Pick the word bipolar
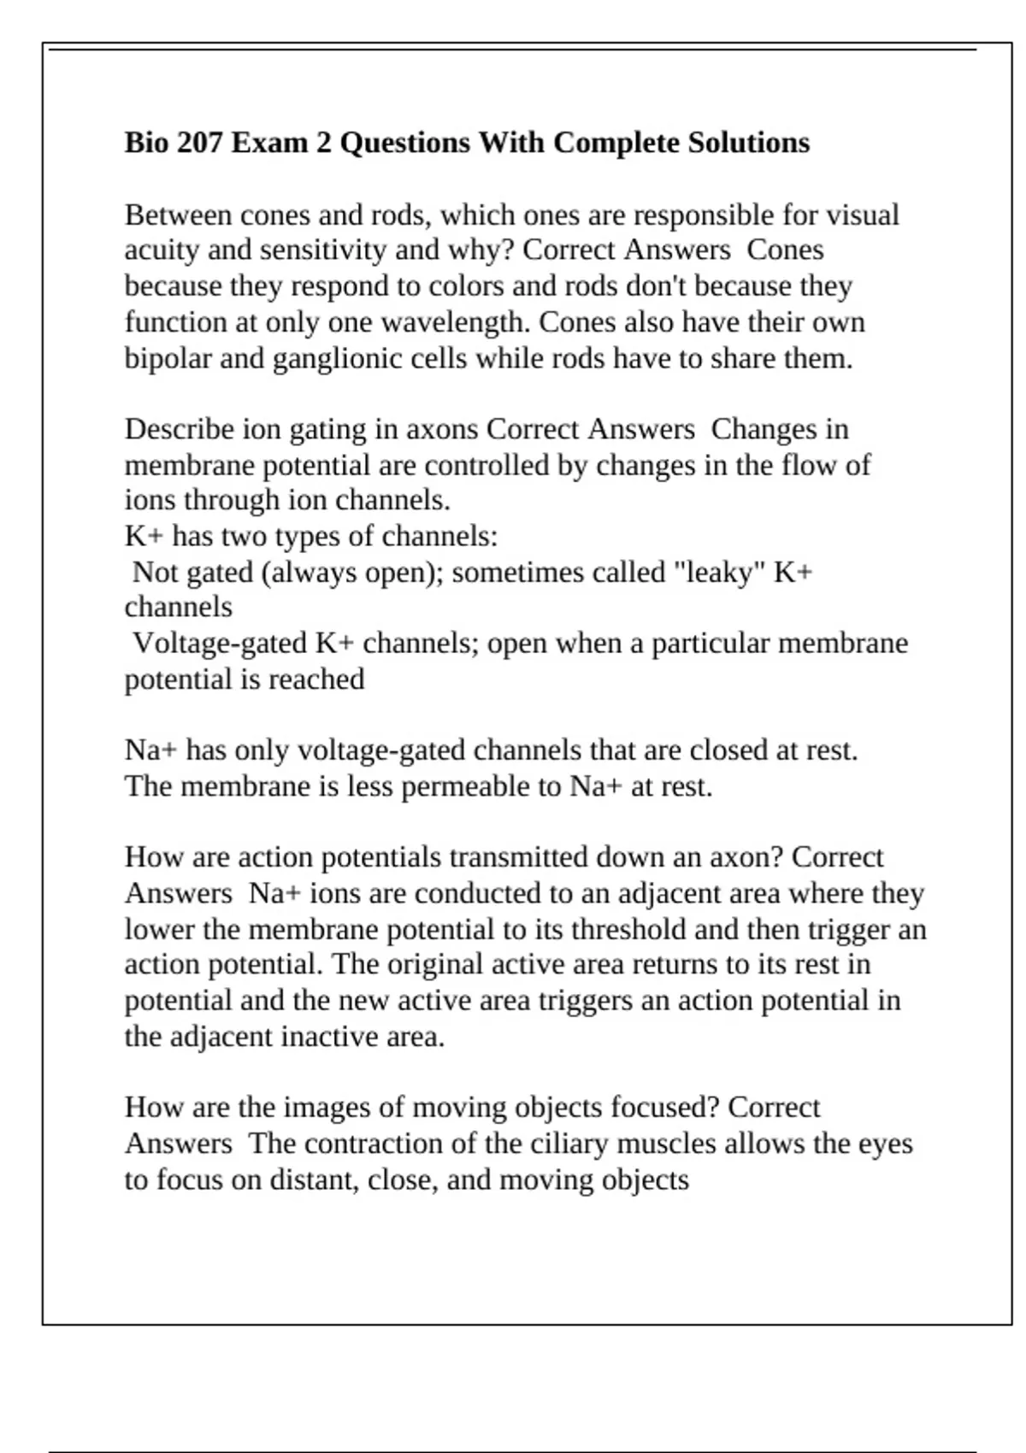tap(168, 358)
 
